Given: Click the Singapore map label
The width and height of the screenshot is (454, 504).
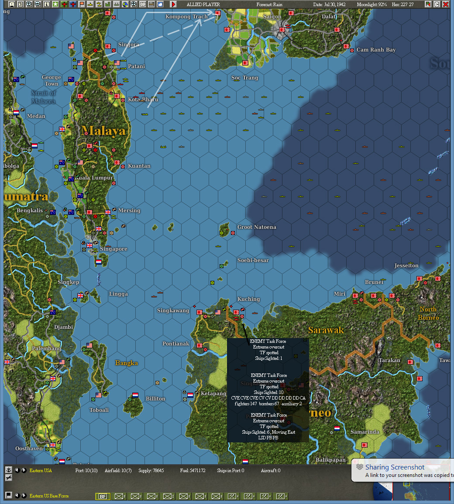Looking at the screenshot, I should (x=113, y=249).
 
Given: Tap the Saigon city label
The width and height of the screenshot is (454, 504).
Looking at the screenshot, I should (x=272, y=17).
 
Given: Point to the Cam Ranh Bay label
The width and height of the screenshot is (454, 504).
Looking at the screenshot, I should (x=376, y=50).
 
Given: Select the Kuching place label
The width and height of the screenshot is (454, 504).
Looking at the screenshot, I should (x=248, y=299).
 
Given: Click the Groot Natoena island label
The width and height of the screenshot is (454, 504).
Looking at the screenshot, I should (x=256, y=227).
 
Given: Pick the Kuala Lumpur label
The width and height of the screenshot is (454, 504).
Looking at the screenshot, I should (x=94, y=178).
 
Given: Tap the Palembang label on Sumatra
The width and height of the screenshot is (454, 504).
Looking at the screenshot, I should (x=46, y=349).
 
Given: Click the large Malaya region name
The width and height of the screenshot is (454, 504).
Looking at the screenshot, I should (x=103, y=131).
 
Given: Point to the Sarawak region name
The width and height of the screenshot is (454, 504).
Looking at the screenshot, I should (x=326, y=330).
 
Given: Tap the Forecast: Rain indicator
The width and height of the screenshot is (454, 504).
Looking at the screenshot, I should (x=269, y=4).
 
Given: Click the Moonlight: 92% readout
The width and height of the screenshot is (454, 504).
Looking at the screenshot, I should (x=372, y=4).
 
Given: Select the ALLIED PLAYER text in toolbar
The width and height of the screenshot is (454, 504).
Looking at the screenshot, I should (x=203, y=4).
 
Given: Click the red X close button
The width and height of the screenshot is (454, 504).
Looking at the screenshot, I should (x=445, y=4).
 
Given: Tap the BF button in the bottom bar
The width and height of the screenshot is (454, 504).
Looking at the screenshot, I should (x=103, y=497).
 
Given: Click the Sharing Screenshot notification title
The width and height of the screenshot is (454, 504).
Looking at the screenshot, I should (x=395, y=467).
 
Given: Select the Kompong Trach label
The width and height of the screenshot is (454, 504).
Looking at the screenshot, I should (x=186, y=17).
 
